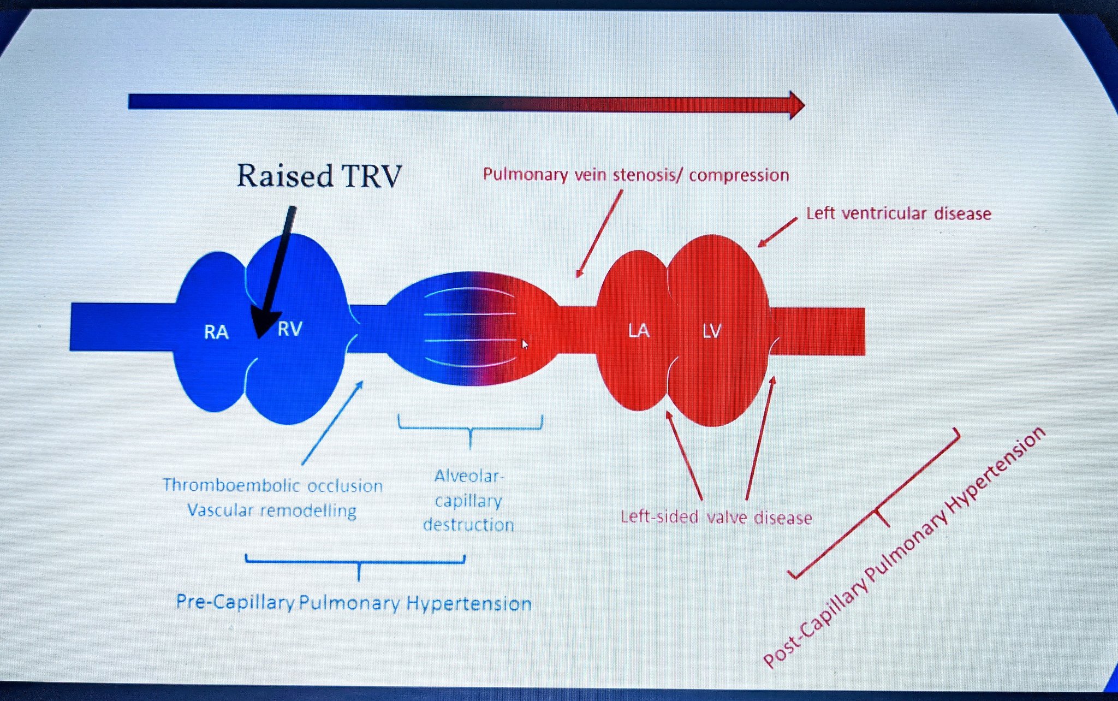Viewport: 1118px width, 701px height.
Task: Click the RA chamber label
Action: (x=216, y=332)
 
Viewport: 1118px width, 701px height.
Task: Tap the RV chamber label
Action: (x=289, y=329)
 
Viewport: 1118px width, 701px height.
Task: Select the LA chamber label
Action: (x=638, y=330)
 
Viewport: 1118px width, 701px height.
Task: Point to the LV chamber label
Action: (x=711, y=330)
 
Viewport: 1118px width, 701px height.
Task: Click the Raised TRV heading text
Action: (x=319, y=176)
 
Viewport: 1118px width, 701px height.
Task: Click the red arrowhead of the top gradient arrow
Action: (x=795, y=104)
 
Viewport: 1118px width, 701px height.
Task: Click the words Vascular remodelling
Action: (x=271, y=510)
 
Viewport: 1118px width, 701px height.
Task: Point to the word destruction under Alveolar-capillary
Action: (x=468, y=525)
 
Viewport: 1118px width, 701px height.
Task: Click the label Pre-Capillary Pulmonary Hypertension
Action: (x=353, y=603)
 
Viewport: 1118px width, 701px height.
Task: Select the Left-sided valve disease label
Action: (x=716, y=517)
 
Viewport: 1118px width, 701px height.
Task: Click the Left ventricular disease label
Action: (x=898, y=213)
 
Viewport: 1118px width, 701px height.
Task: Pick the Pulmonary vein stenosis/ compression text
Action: (x=635, y=175)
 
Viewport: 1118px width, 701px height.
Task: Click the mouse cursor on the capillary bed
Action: (x=525, y=344)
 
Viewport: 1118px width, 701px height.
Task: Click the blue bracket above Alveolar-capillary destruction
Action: (x=470, y=429)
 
